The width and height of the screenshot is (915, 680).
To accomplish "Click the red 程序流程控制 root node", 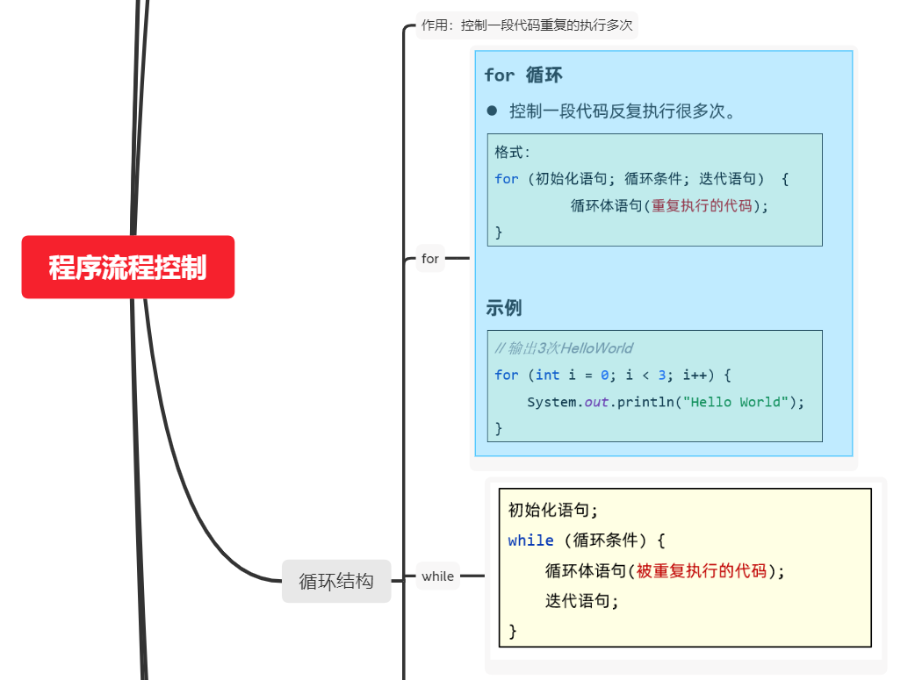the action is point(128,267).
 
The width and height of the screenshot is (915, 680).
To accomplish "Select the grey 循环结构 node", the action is point(336,581).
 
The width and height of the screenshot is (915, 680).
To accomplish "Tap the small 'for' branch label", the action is point(430,259).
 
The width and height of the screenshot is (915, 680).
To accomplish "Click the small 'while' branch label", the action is point(437,576).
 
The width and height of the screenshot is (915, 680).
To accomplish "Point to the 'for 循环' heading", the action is point(523,75).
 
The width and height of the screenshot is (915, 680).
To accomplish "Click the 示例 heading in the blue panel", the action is point(504,308).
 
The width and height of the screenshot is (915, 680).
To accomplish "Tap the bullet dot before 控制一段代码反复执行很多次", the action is point(492,111).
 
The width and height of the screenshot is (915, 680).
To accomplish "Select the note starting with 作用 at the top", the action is point(526,25).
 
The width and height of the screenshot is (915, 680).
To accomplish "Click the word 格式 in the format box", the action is point(510,152).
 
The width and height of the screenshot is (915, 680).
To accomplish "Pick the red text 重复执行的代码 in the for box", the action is point(702,206).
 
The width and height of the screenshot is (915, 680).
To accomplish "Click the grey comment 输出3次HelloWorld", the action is point(564,348).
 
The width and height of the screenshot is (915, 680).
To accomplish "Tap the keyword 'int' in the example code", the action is point(547,376).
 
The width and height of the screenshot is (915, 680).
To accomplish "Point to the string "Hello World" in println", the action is point(735,402).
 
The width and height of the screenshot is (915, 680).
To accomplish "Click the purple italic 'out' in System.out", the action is point(596,402).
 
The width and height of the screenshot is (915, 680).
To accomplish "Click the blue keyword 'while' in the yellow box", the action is point(530,540).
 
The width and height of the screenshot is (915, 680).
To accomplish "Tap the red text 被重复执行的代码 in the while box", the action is point(702,571).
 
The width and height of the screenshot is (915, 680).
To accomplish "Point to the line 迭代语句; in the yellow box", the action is point(582,601).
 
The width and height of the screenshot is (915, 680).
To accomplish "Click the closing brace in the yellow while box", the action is point(513,631).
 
